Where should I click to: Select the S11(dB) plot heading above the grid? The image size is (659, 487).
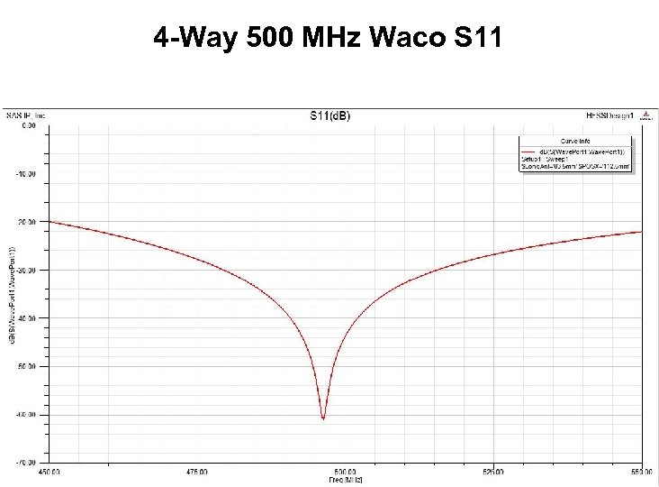(x=329, y=115)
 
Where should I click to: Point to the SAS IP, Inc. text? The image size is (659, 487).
(x=26, y=115)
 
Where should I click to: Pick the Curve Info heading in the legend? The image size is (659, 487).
(x=576, y=141)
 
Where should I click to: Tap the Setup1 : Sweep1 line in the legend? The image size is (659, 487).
(x=546, y=158)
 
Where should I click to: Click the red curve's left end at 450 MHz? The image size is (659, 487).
(x=50, y=221)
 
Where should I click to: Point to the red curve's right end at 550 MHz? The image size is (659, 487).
(x=642, y=231)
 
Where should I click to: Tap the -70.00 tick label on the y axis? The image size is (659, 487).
(x=26, y=463)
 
